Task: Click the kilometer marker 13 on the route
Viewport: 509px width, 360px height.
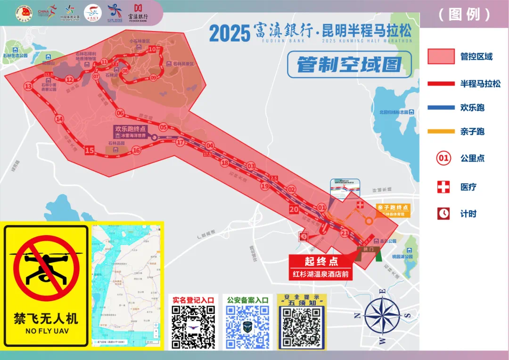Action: coord(28,86)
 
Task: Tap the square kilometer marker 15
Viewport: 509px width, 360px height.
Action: coord(90,151)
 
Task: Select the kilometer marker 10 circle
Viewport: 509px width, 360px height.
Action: coord(152,49)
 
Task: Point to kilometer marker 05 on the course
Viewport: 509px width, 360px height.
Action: coord(163,127)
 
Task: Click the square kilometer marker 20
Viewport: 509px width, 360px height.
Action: coord(294,210)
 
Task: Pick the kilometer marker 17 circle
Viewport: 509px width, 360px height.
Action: coord(180,142)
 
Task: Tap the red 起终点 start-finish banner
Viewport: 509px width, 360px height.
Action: coord(321,262)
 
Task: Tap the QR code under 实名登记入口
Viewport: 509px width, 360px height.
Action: coord(193,327)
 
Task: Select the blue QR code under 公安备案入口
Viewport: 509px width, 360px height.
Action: coord(248,327)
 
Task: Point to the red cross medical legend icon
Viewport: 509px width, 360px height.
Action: coord(443,187)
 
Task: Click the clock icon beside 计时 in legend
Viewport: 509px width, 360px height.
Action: coord(443,213)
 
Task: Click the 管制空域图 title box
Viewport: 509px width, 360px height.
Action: coord(349,65)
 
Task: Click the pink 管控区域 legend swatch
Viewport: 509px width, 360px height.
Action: coord(441,57)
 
